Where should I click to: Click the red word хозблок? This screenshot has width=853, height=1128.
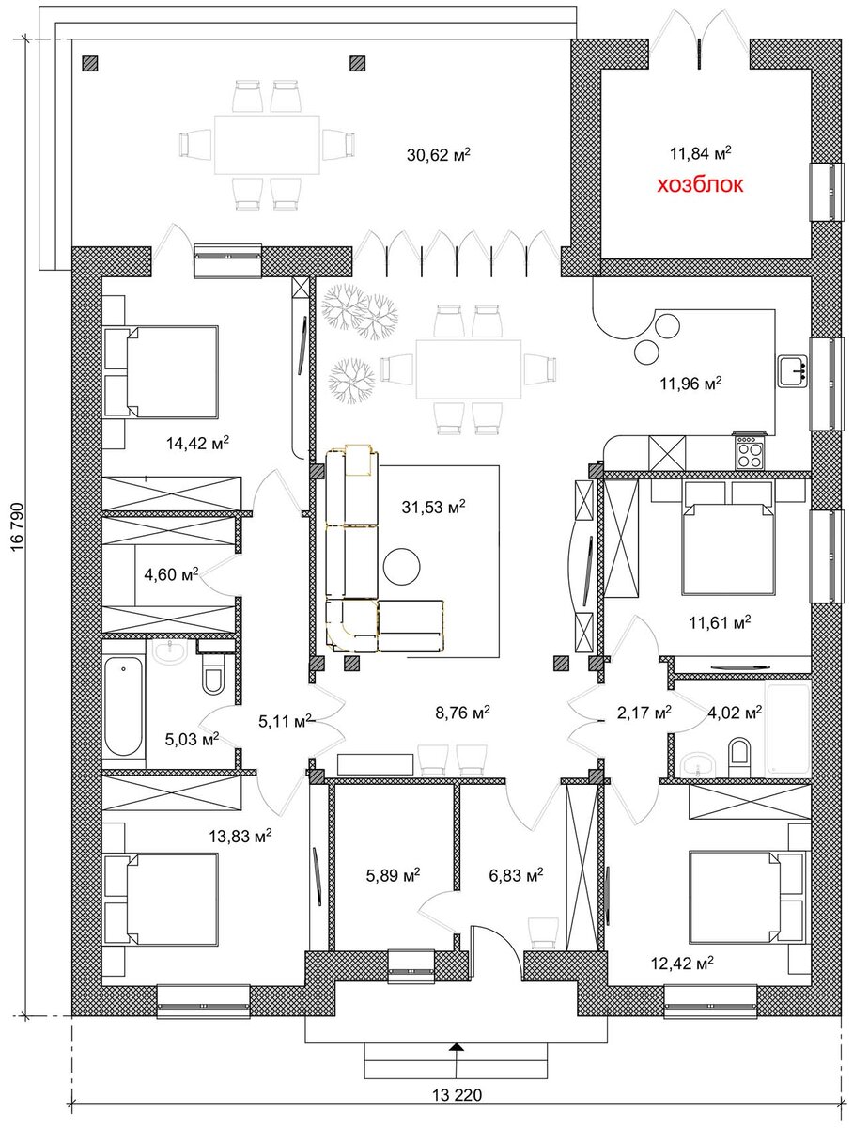(700, 184)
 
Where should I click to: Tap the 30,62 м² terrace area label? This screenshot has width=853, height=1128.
(438, 154)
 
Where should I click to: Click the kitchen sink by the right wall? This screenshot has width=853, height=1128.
(791, 370)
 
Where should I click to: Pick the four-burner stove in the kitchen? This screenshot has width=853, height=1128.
(751, 451)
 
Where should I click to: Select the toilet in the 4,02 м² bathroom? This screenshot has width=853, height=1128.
(739, 757)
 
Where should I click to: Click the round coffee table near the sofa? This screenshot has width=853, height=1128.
(401, 566)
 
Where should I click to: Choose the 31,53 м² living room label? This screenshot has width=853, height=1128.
(433, 508)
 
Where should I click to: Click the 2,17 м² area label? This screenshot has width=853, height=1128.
(644, 713)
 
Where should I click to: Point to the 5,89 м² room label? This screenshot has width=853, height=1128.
(393, 874)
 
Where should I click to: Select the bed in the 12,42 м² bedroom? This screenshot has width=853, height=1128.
(747, 898)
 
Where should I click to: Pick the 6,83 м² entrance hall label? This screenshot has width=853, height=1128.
(516, 874)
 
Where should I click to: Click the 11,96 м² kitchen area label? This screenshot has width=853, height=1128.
(690, 384)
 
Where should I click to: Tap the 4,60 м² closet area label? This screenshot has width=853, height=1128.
(171, 574)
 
